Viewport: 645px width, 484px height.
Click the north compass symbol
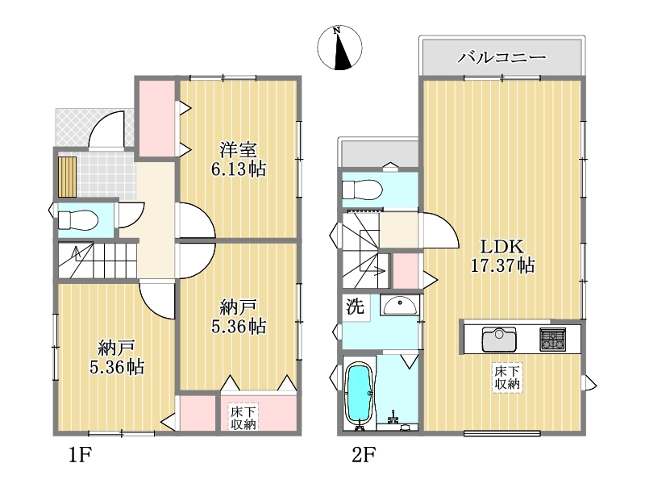pos(339,48)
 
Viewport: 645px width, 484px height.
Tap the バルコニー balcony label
pos(501,57)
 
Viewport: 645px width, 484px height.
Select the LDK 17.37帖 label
pos(502,256)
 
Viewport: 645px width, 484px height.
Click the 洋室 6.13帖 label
pos(239,159)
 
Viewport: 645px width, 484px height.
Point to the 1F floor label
pos(79,455)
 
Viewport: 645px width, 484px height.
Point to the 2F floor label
pos(364,455)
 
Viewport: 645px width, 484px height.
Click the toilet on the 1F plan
pos(77,220)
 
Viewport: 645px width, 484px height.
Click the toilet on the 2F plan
pos(362,190)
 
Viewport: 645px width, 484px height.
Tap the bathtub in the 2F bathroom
pos(360,394)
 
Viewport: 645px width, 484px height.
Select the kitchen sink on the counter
pos(499,339)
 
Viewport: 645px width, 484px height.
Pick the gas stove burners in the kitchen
pos(552,339)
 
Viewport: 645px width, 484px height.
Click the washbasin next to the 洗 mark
pos(399,306)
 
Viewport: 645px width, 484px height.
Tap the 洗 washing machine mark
pos(355,307)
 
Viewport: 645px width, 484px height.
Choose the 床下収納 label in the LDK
pos(507,378)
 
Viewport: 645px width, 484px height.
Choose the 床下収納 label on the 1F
pos(243,417)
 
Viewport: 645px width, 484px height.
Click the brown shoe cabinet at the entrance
pos(67,177)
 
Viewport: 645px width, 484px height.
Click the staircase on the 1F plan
pos(97,261)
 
